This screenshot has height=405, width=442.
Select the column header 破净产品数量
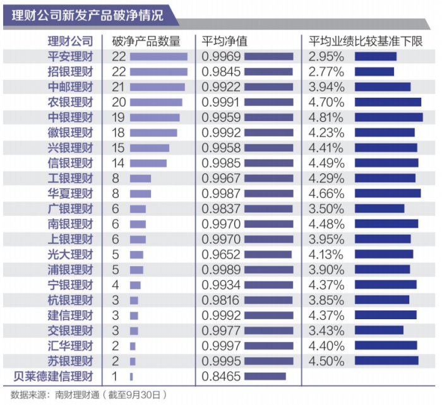(x=146, y=42)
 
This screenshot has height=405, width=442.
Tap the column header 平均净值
(x=224, y=42)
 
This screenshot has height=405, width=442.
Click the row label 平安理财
(x=70, y=57)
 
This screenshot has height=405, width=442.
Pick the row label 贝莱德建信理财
(x=53, y=377)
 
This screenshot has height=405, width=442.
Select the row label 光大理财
(x=70, y=255)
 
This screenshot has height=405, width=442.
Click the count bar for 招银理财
(x=158, y=72)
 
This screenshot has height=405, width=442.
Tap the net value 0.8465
(x=221, y=377)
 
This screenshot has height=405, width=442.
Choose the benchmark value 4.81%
(x=326, y=117)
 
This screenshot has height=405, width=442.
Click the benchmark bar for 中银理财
(x=388, y=117)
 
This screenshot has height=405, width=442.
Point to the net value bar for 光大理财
(x=268, y=255)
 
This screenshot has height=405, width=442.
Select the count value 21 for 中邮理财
(x=119, y=87)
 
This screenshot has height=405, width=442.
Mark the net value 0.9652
(x=221, y=255)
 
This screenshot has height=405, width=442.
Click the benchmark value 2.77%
(x=326, y=72)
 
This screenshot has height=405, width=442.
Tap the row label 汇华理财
(x=70, y=346)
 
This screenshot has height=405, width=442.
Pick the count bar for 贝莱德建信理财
(x=131, y=377)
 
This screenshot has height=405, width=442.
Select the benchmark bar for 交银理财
(x=379, y=331)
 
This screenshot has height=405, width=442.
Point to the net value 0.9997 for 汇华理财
(x=221, y=346)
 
